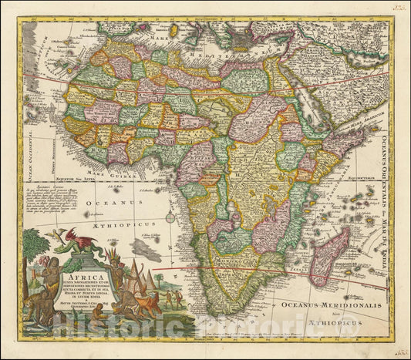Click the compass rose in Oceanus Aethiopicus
pyautogui.click(x=170, y=217)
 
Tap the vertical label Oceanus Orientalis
pyautogui.click(x=384, y=154)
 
